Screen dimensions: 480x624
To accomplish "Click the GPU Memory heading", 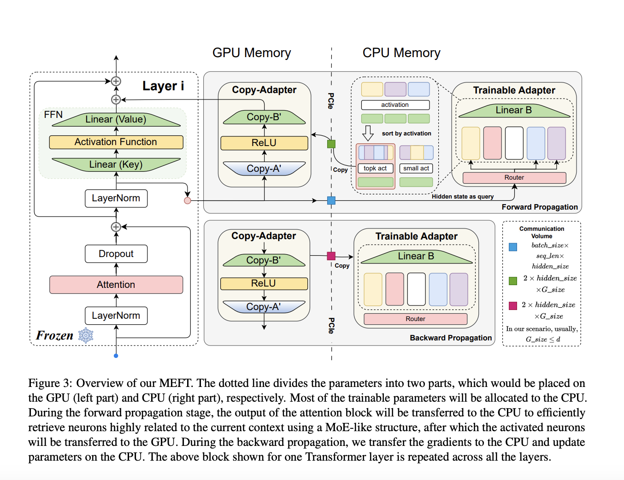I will pos(252,53).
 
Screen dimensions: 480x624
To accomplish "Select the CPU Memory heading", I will pos(401,53).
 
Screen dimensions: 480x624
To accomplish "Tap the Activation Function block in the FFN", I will pos(116,142).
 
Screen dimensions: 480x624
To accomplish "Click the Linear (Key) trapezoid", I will pos(116,164).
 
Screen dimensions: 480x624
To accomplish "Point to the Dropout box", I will pos(116,254).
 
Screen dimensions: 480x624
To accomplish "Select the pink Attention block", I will pos(116,285).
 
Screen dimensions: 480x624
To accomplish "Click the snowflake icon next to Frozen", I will pos(86,335).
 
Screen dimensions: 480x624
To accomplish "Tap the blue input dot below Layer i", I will pos(116,356).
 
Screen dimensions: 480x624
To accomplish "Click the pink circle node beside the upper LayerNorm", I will pos(187,200).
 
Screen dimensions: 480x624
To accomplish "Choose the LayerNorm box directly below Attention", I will pos(116,316).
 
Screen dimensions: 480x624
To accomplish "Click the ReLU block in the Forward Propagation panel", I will pos(264,143).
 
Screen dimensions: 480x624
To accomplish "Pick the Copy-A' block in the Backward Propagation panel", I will pos(264,307).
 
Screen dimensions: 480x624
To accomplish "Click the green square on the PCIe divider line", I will pos(331,144).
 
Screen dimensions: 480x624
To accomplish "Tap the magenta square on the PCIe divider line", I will pos(331,256).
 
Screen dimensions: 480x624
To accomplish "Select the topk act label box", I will pos(375,169).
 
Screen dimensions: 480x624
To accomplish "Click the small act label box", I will pos(416,169).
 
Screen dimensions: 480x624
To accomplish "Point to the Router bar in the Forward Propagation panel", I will pos(514,177).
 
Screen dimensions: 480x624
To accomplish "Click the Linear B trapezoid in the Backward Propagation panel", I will pos(416,257).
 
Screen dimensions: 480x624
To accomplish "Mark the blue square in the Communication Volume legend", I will pos(512,247).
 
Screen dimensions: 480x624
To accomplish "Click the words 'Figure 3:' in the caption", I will pos(50,383).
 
